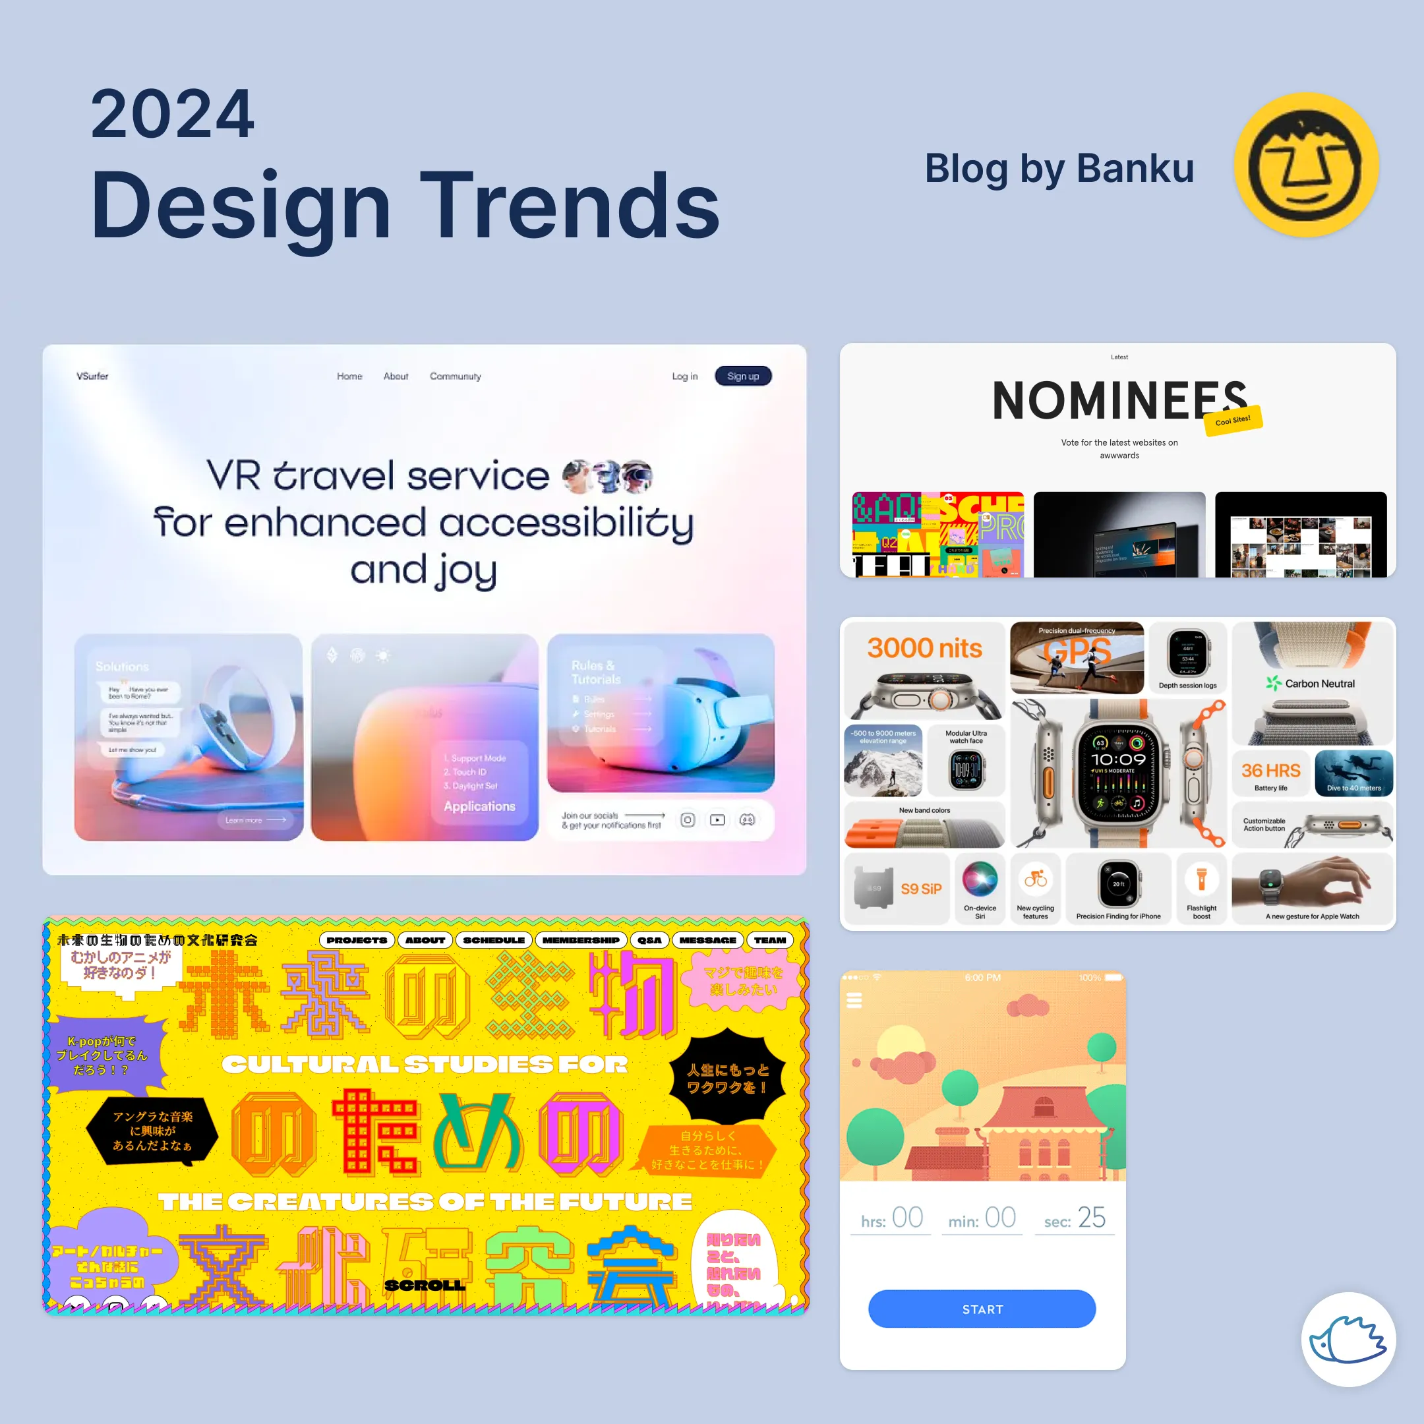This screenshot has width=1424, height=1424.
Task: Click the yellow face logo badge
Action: click(x=1306, y=165)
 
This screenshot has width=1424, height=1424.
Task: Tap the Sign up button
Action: click(x=742, y=376)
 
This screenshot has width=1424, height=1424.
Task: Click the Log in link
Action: click(x=684, y=376)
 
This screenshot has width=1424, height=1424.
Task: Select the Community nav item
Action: click(x=455, y=376)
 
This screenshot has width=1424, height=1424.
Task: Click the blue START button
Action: click(x=982, y=1309)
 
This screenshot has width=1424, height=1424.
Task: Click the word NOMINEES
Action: click(x=1119, y=401)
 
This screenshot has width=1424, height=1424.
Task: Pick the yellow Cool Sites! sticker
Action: click(x=1233, y=420)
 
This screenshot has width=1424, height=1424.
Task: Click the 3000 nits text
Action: click(x=924, y=648)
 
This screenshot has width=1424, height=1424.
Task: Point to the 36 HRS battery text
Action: click(x=1270, y=770)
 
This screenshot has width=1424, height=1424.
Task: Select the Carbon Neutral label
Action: click(x=1319, y=683)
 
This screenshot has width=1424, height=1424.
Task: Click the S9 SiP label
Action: click(x=920, y=889)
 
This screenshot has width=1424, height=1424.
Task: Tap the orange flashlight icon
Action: click(x=1201, y=879)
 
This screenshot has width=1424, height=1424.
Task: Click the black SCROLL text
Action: click(x=425, y=1285)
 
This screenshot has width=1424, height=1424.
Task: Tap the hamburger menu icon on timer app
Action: click(x=854, y=1000)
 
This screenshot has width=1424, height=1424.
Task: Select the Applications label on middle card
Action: click(x=479, y=806)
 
